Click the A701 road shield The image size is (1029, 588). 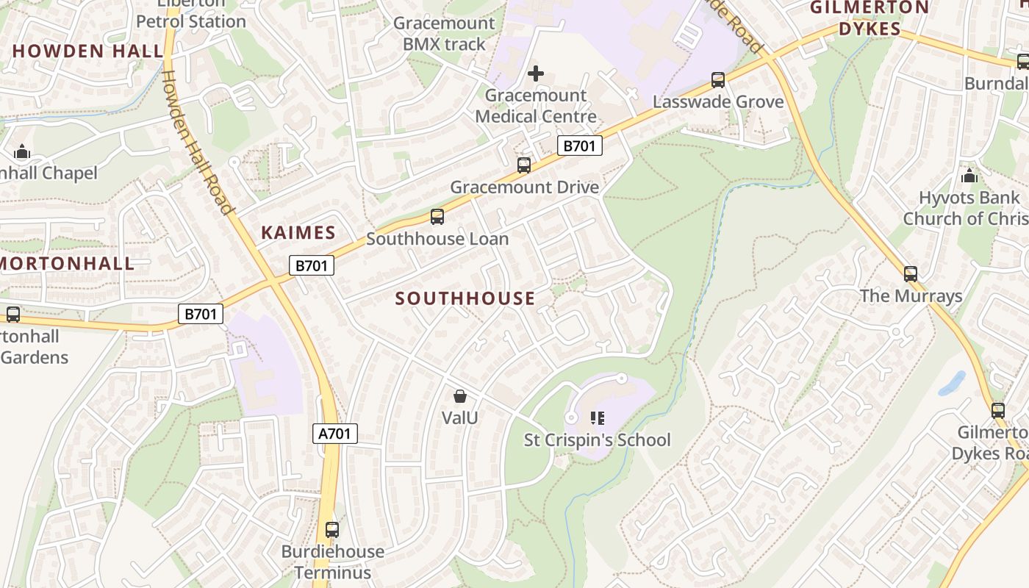[x=335, y=434]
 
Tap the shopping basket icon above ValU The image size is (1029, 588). [x=460, y=397]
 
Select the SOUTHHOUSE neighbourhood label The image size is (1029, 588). [x=465, y=298]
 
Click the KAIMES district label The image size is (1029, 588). [x=298, y=233]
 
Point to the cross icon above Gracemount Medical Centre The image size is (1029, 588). [x=536, y=73]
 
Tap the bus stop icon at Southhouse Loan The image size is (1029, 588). [x=437, y=217]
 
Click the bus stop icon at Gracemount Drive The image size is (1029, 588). [x=523, y=165]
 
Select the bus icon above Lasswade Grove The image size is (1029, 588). [x=718, y=80]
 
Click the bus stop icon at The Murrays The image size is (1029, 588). [x=911, y=274]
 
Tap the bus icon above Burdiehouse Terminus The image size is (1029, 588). [x=332, y=529]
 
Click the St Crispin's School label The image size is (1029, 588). [x=597, y=440]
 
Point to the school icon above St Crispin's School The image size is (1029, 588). [x=597, y=418]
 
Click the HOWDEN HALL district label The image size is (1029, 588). [x=87, y=51]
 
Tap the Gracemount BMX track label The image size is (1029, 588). [x=444, y=33]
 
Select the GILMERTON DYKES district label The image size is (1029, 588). [x=870, y=18]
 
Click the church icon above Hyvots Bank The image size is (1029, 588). [x=969, y=176]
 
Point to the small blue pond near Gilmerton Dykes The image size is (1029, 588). [x=952, y=383]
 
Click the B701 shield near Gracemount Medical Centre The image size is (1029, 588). [x=579, y=146]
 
